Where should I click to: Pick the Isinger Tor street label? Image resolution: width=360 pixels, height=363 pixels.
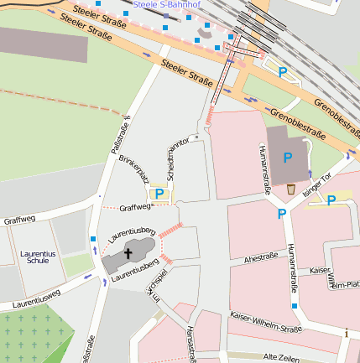point(318,183)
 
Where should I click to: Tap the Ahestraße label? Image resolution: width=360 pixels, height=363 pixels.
point(261,259)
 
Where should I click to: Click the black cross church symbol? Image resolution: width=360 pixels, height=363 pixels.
point(129,252)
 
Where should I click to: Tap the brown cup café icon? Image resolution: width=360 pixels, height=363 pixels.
point(290,189)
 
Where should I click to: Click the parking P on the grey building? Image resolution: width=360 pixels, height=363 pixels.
point(288,157)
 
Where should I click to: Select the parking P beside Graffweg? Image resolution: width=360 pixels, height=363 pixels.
point(161,194)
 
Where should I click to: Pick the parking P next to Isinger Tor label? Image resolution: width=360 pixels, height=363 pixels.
point(331,200)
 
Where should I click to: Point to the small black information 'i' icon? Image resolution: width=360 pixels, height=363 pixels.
point(347,333)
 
